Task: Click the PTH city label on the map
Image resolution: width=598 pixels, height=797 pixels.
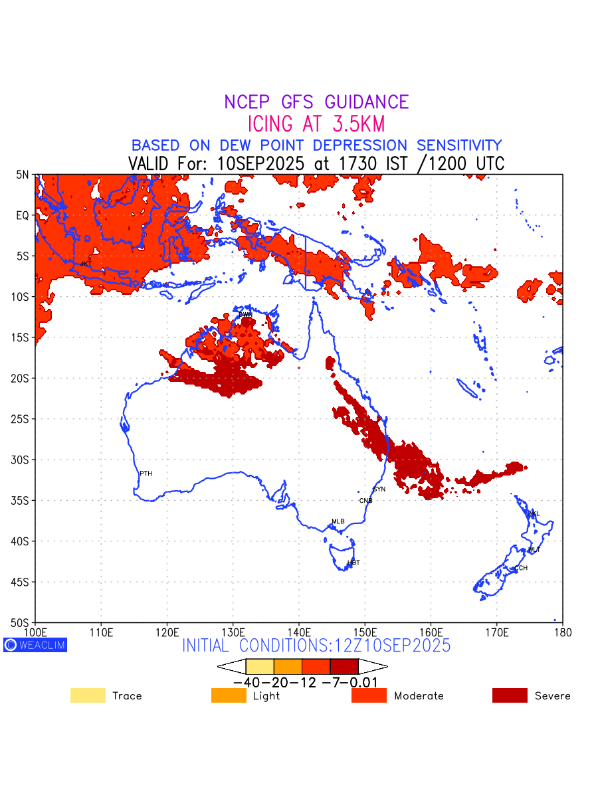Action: (146, 474)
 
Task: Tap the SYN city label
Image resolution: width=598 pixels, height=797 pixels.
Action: (379, 489)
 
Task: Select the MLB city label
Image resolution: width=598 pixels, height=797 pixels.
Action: (338, 521)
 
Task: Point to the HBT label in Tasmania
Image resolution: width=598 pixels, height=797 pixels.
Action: (353, 563)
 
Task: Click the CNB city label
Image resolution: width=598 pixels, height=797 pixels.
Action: (365, 501)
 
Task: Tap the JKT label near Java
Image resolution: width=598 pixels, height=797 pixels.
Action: (86, 264)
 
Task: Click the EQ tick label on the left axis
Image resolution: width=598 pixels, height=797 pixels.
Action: (23, 215)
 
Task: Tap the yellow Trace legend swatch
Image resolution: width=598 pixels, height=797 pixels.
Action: (88, 695)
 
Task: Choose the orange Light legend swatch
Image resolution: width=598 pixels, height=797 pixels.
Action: (229, 695)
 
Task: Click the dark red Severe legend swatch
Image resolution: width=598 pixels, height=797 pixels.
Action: (510, 695)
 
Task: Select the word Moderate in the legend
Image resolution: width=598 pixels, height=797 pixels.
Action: (419, 696)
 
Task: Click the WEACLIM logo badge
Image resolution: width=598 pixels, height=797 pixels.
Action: (35, 645)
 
